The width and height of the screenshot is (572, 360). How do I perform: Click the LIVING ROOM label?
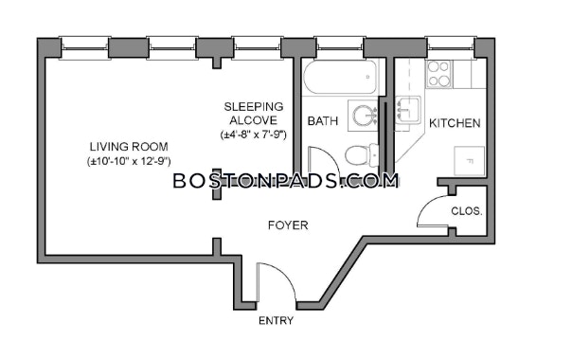point(129,147)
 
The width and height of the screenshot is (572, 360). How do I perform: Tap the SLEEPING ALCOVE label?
point(254,113)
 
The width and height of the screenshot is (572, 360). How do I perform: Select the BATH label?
point(323,121)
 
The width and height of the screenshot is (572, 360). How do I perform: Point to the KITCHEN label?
point(455,123)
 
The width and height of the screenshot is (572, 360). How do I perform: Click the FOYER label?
point(288,225)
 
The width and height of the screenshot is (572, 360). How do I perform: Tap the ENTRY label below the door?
point(276,320)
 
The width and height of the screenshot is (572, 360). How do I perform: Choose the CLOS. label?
point(467,211)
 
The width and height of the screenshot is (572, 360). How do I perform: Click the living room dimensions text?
point(129,161)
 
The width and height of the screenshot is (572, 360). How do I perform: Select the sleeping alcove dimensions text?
point(254,135)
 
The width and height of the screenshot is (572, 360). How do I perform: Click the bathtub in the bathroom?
point(340,77)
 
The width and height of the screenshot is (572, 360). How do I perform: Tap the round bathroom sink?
point(365,116)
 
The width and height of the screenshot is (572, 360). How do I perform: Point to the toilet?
point(362,154)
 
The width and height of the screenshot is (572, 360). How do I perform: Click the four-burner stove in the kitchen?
point(438,74)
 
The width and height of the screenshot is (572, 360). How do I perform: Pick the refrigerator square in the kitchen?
point(469,161)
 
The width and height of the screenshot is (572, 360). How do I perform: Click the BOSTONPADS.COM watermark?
point(286,181)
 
